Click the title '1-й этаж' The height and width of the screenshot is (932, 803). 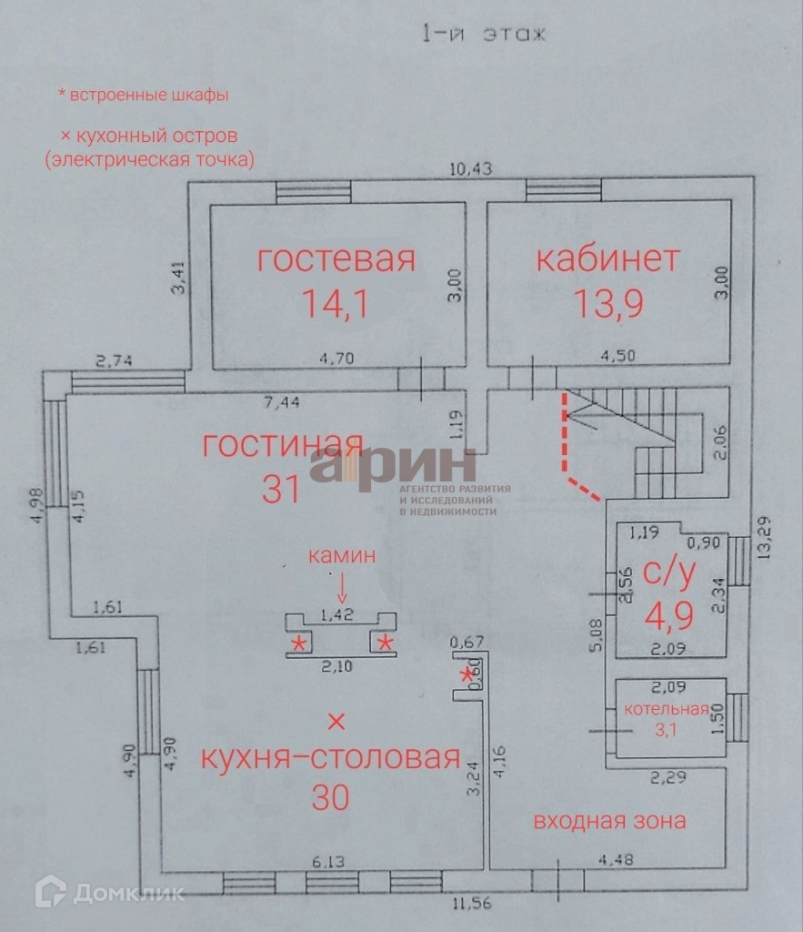482,35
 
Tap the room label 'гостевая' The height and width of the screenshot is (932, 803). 336,258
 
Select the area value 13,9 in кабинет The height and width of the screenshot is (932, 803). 608,302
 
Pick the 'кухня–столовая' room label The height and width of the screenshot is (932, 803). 330,757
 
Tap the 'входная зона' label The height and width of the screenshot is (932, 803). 609,821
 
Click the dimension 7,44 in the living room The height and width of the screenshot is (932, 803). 278,401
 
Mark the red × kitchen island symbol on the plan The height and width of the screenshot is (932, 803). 336,722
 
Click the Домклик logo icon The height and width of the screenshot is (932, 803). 51,891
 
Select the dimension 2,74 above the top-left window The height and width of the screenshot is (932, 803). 115,361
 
